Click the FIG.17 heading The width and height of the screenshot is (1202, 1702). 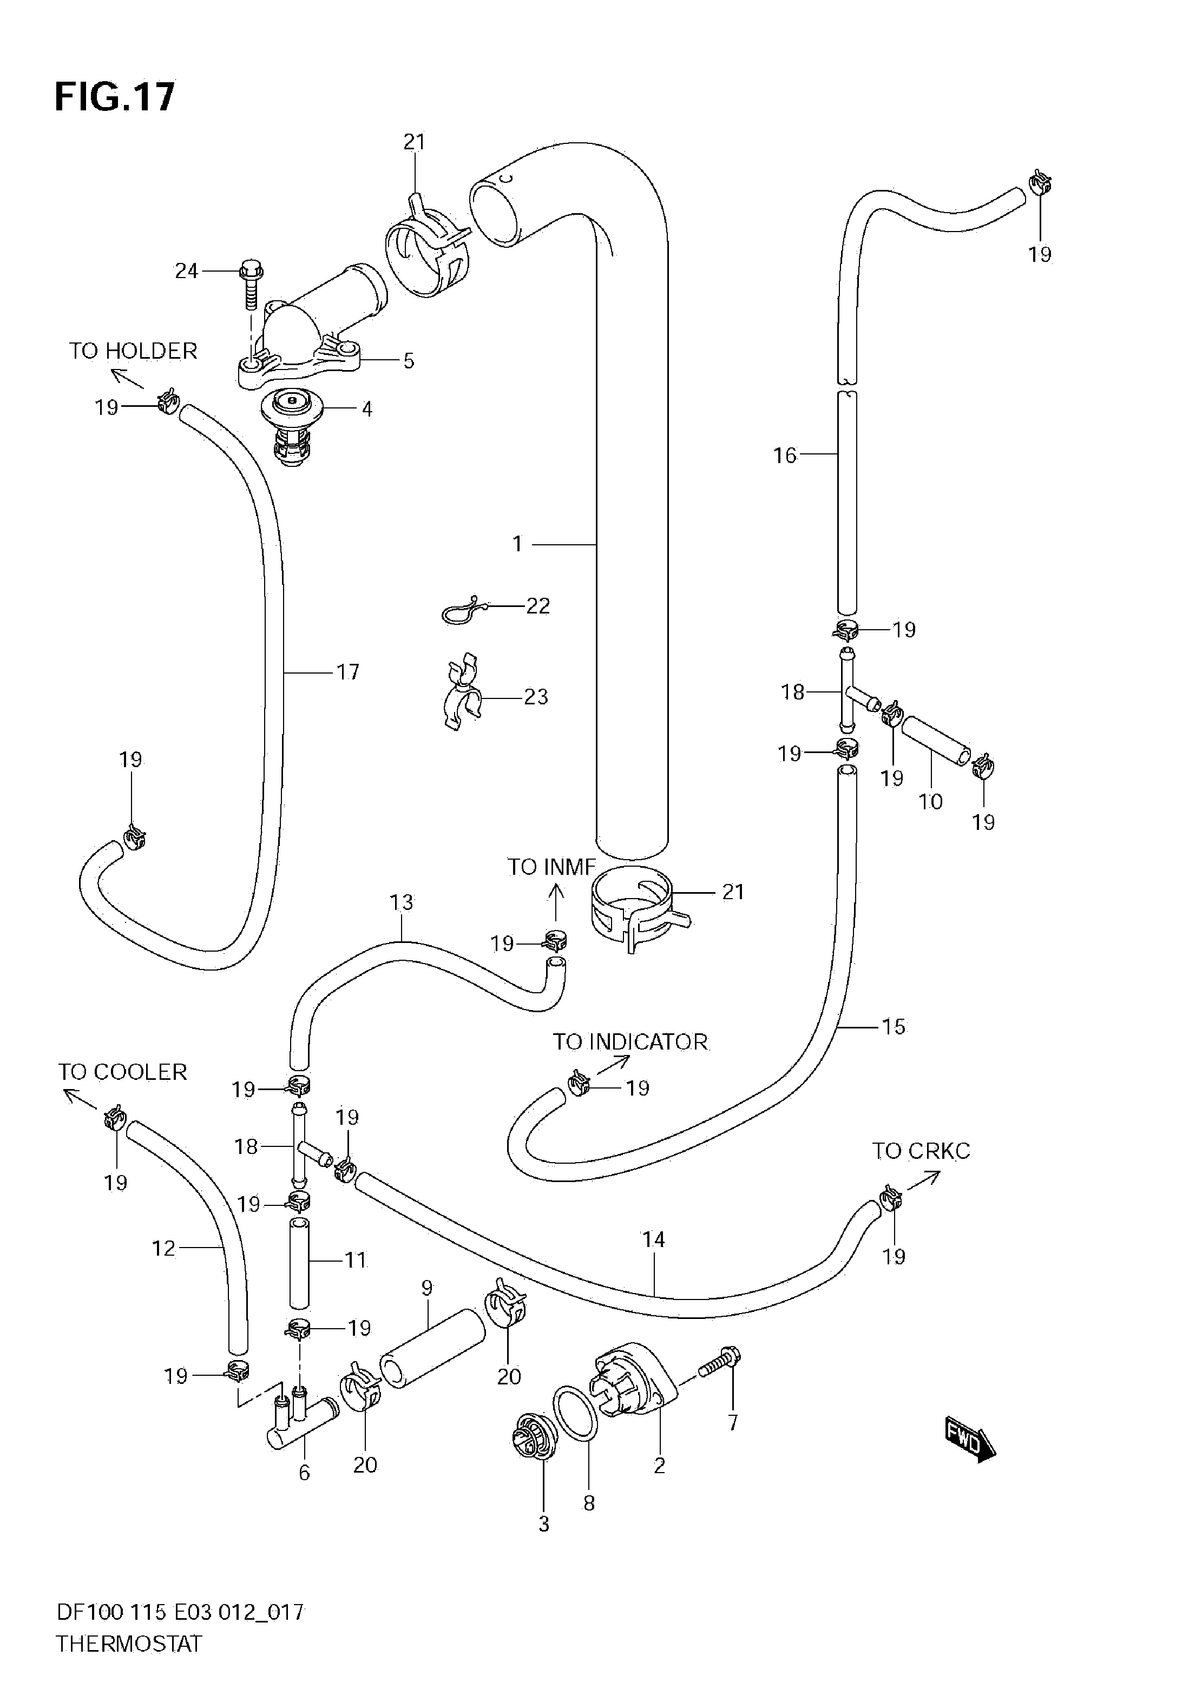[x=115, y=96]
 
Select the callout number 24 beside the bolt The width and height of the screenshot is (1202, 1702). [x=186, y=271]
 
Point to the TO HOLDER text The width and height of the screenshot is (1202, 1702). [x=134, y=351]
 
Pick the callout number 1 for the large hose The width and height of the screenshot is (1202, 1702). [x=517, y=544]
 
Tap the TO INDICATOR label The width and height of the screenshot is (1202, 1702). [x=630, y=1041]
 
